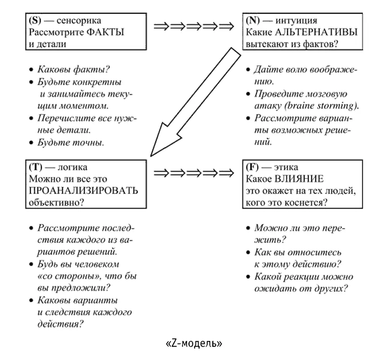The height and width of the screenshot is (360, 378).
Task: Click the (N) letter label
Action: pos(252,21)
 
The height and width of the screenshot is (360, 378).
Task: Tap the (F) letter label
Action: pos(252,167)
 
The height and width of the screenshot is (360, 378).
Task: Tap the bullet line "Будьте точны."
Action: pos(70,142)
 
